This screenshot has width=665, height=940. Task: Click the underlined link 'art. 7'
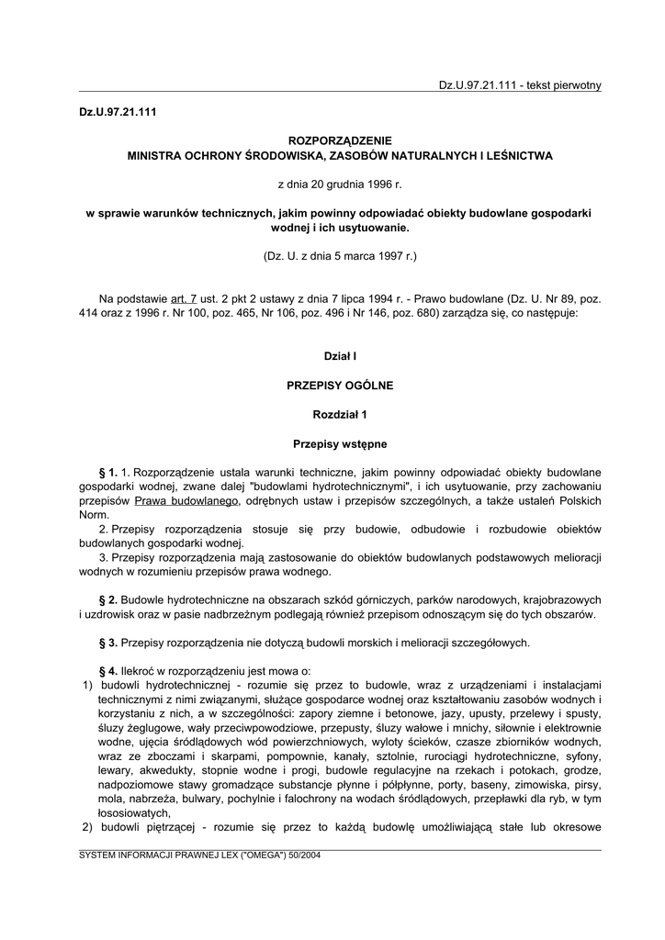tap(184, 299)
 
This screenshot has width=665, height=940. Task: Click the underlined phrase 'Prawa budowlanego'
tap(186, 501)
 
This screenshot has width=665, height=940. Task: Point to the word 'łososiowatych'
tap(133, 812)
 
